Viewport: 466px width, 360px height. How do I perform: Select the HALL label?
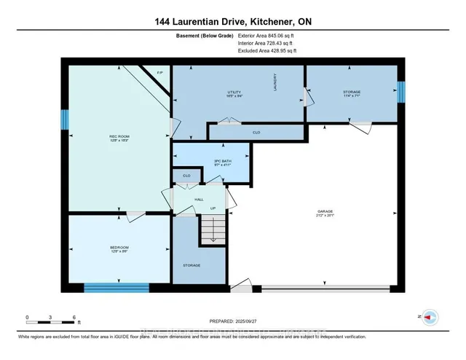[199, 197]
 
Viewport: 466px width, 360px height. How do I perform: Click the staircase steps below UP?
[211, 232]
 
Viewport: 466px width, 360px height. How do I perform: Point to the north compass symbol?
[430, 317]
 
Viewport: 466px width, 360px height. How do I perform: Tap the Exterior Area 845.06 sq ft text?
[267, 35]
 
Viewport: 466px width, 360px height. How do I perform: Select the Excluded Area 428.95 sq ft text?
[267, 51]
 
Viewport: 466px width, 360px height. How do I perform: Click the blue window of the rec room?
[64, 119]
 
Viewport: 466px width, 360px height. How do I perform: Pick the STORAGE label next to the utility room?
[352, 93]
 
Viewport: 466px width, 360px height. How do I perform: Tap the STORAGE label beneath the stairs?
[191, 265]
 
